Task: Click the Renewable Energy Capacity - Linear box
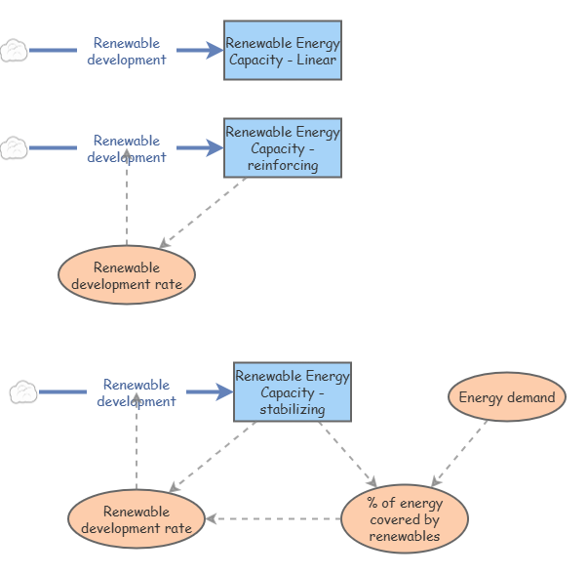(283, 51)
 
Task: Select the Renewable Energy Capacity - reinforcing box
(283, 147)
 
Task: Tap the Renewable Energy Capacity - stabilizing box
(293, 391)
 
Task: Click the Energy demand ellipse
(507, 396)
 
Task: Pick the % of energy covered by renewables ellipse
(405, 518)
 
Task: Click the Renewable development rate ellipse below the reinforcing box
(127, 274)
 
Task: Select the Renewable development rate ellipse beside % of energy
(137, 518)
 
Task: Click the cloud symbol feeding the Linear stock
(14, 51)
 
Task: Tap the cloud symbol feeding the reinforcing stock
(14, 147)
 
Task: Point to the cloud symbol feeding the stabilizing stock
(23, 391)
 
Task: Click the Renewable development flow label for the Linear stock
(127, 51)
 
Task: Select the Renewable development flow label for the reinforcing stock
(127, 148)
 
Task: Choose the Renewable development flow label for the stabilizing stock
(137, 392)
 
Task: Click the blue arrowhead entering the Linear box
(215, 51)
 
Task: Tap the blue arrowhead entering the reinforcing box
(215, 147)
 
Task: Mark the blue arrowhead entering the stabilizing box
(224, 391)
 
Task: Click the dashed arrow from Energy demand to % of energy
(459, 453)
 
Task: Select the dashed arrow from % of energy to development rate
(273, 518)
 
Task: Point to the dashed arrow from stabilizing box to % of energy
(348, 455)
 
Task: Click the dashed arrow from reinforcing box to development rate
(203, 213)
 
